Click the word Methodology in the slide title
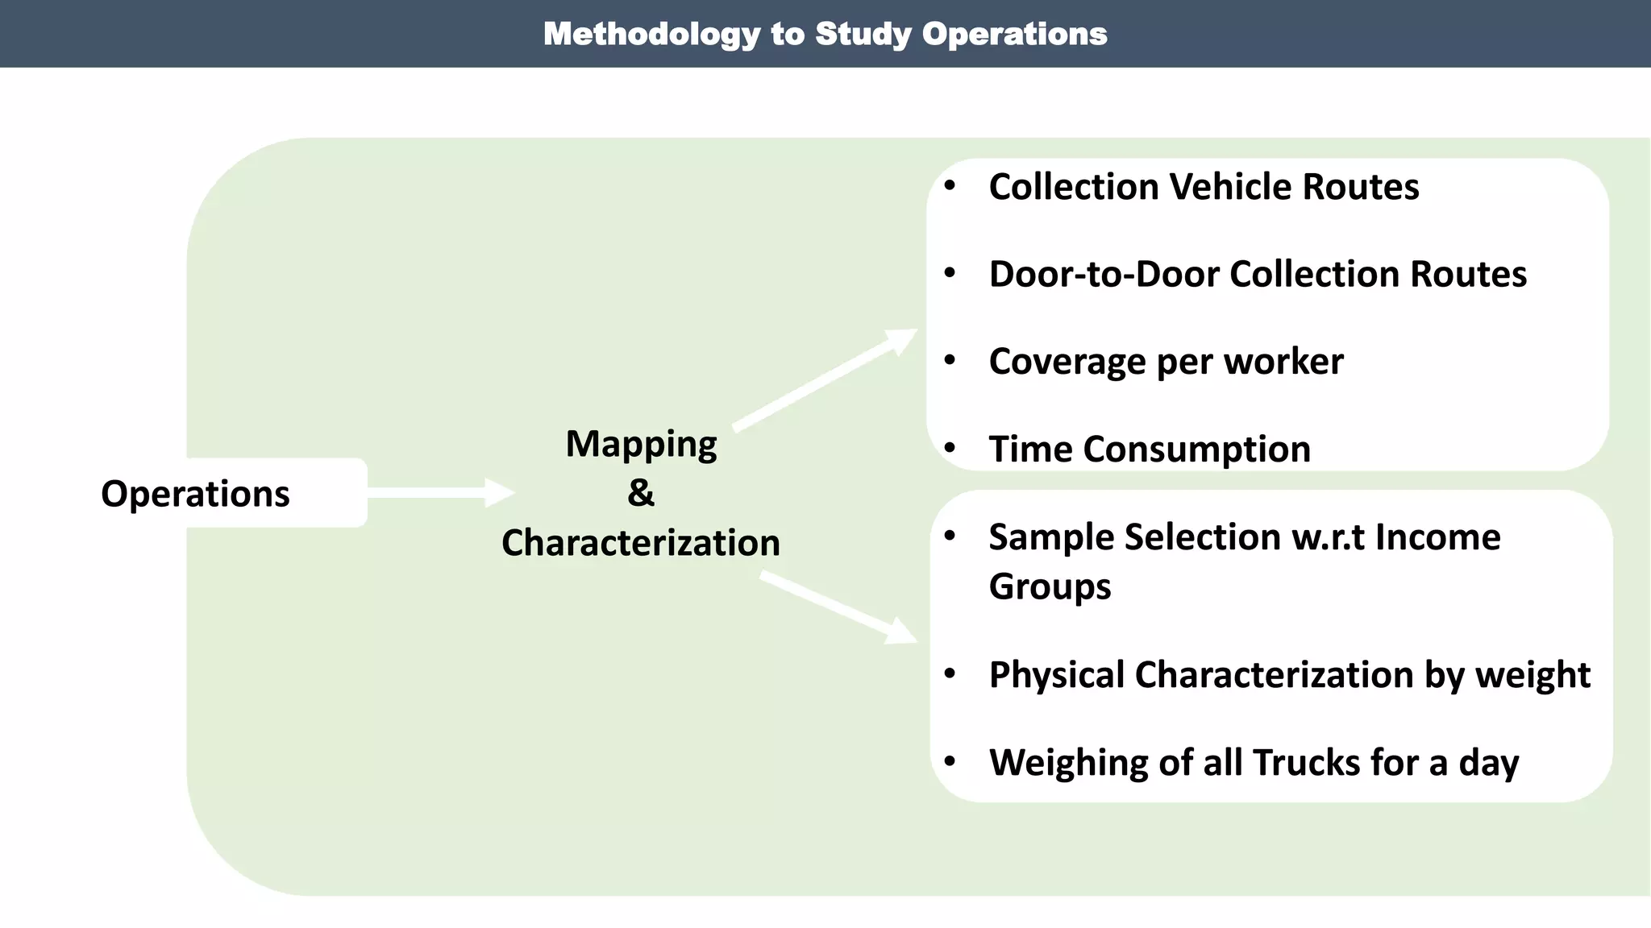point(651,35)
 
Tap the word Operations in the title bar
point(1014,35)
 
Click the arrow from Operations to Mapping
point(439,492)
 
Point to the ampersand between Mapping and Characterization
point(641,492)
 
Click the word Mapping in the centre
point(641,444)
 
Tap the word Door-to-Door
point(1104,274)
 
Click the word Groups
point(1050,586)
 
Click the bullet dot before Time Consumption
point(950,448)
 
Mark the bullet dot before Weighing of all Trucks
point(950,761)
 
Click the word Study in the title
point(863,35)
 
